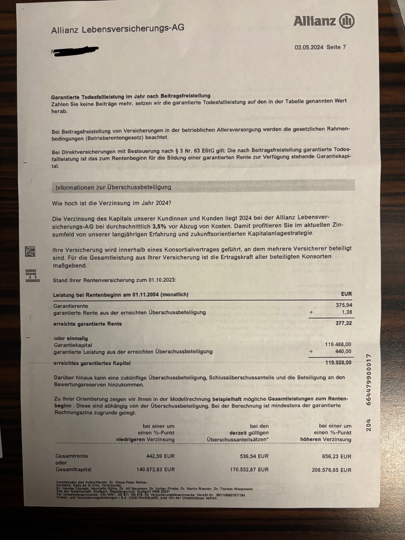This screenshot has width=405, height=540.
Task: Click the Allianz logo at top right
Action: (x=324, y=21)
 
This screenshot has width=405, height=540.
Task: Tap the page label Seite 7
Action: (x=336, y=47)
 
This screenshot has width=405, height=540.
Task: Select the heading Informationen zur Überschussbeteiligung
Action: (x=113, y=187)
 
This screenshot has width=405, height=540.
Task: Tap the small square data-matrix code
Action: (x=30, y=251)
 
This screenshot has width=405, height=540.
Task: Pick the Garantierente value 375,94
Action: (x=343, y=306)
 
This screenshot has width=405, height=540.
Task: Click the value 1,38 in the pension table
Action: (x=346, y=312)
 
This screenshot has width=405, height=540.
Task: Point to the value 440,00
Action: (x=343, y=351)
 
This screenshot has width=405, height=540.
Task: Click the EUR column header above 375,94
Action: (x=346, y=294)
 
